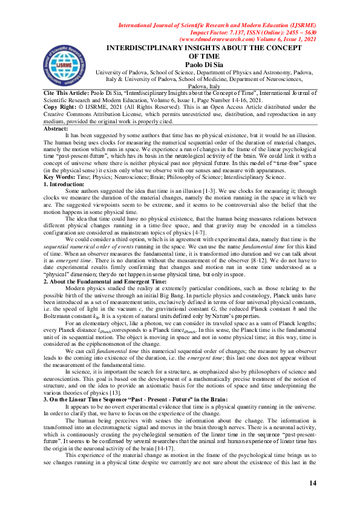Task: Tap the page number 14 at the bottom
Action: pos(313,482)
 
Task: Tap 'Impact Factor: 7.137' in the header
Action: pos(224,32)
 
